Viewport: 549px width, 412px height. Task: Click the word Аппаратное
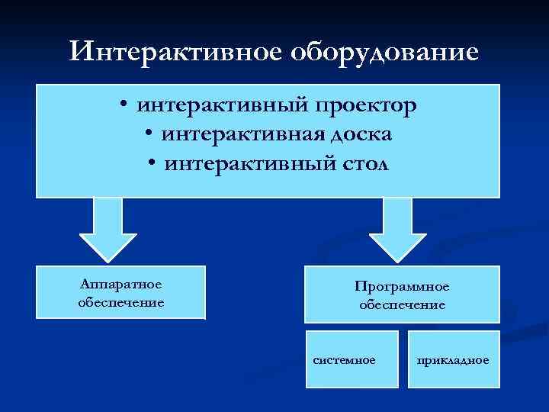coord(120,285)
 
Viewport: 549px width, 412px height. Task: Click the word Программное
coord(402,287)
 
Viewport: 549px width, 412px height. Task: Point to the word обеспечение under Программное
coord(402,304)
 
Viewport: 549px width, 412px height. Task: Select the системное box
coord(352,359)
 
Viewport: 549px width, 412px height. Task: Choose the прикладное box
coord(454,359)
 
